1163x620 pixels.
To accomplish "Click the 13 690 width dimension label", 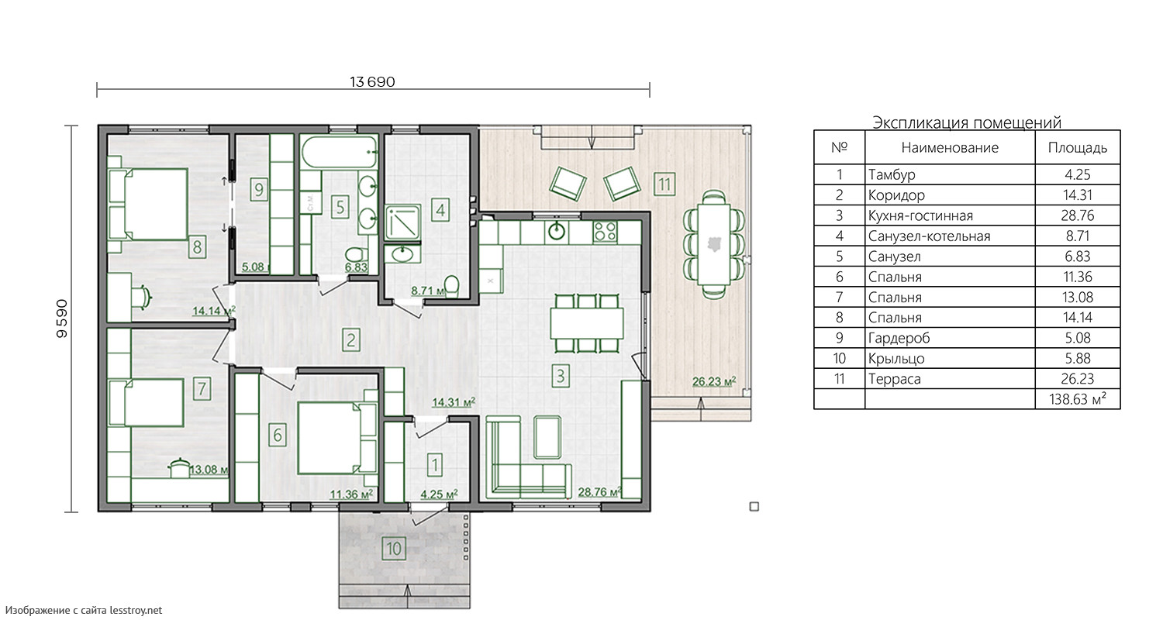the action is tap(372, 82).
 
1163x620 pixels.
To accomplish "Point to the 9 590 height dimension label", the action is tap(62, 319).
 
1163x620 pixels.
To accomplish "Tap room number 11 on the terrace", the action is tap(664, 184).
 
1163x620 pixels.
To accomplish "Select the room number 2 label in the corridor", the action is tap(351, 340).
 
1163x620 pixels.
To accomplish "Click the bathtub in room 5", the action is tap(340, 151).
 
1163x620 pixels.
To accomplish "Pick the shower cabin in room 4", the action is tap(403, 222).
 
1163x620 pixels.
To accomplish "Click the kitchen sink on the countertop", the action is tap(557, 232).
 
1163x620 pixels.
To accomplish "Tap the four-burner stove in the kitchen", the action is tap(605, 232).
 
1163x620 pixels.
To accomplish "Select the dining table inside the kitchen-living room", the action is tap(587, 323).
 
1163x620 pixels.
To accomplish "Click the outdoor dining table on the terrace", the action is tap(714, 244).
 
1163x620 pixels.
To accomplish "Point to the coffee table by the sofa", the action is tap(547, 437).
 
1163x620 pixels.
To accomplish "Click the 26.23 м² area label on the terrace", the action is tap(714, 382).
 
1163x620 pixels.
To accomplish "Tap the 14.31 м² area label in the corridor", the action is tap(454, 402).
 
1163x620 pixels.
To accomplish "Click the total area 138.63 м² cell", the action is tap(1078, 399).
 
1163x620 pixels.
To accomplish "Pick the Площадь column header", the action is tap(1078, 148).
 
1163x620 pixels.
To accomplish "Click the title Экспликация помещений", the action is tap(967, 122).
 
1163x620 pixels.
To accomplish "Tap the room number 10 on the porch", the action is tap(394, 549).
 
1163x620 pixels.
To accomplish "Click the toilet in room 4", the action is tap(452, 286).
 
